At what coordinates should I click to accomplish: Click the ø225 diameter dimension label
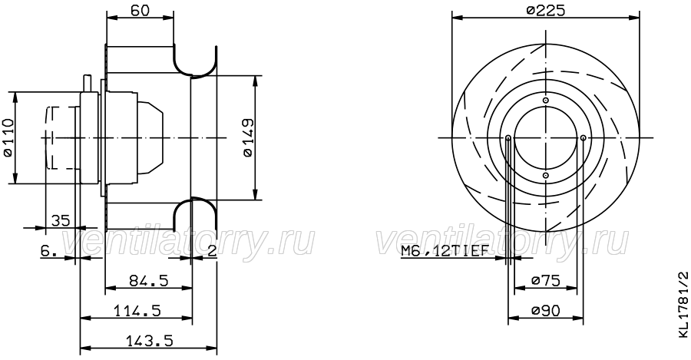(546, 10)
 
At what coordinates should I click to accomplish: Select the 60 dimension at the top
(141, 10)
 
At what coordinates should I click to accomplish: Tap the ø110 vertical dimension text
(8, 138)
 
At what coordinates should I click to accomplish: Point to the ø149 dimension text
(248, 137)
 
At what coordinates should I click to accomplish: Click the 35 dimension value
(61, 220)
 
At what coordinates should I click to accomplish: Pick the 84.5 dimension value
(148, 280)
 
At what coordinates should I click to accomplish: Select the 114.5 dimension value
(137, 311)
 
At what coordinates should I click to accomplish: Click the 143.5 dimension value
(150, 340)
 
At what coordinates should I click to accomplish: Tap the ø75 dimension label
(546, 280)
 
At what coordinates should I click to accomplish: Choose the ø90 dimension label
(546, 311)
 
